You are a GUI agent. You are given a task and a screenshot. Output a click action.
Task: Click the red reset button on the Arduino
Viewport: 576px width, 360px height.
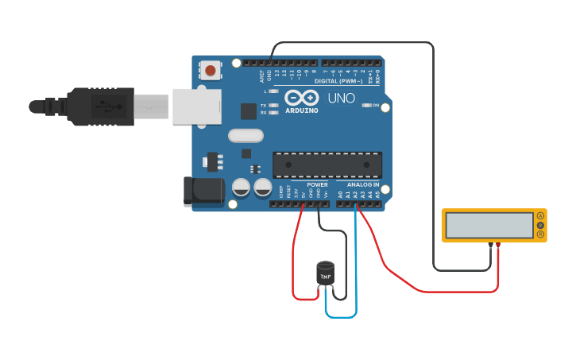[211, 71]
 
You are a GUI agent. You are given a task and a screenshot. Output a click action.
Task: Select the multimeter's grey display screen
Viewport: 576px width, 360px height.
[489, 225]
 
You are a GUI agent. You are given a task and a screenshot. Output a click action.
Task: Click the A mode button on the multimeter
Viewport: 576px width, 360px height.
[540, 215]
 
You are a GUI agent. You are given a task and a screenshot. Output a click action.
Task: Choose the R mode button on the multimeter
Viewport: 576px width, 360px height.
[540, 234]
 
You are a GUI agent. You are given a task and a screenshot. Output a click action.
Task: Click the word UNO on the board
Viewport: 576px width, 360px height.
[341, 99]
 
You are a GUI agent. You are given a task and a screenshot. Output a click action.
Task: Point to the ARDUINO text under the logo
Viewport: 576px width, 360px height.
[301, 110]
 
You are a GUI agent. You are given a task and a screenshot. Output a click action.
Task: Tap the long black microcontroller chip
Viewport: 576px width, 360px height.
[327, 165]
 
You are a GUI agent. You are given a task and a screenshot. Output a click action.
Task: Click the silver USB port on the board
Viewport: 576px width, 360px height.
[196, 106]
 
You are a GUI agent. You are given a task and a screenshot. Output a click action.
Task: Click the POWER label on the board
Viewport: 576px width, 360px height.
[317, 184]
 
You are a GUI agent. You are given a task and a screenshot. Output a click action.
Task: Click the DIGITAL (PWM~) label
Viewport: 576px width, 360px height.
[338, 81]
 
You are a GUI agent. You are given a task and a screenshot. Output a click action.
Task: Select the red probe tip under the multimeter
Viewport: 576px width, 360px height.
[498, 245]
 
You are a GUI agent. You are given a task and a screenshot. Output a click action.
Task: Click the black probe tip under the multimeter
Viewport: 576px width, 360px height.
[490, 245]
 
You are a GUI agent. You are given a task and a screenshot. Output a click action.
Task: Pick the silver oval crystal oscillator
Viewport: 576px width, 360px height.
[245, 135]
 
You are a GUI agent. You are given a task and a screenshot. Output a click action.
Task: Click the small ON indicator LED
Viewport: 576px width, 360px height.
[368, 105]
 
